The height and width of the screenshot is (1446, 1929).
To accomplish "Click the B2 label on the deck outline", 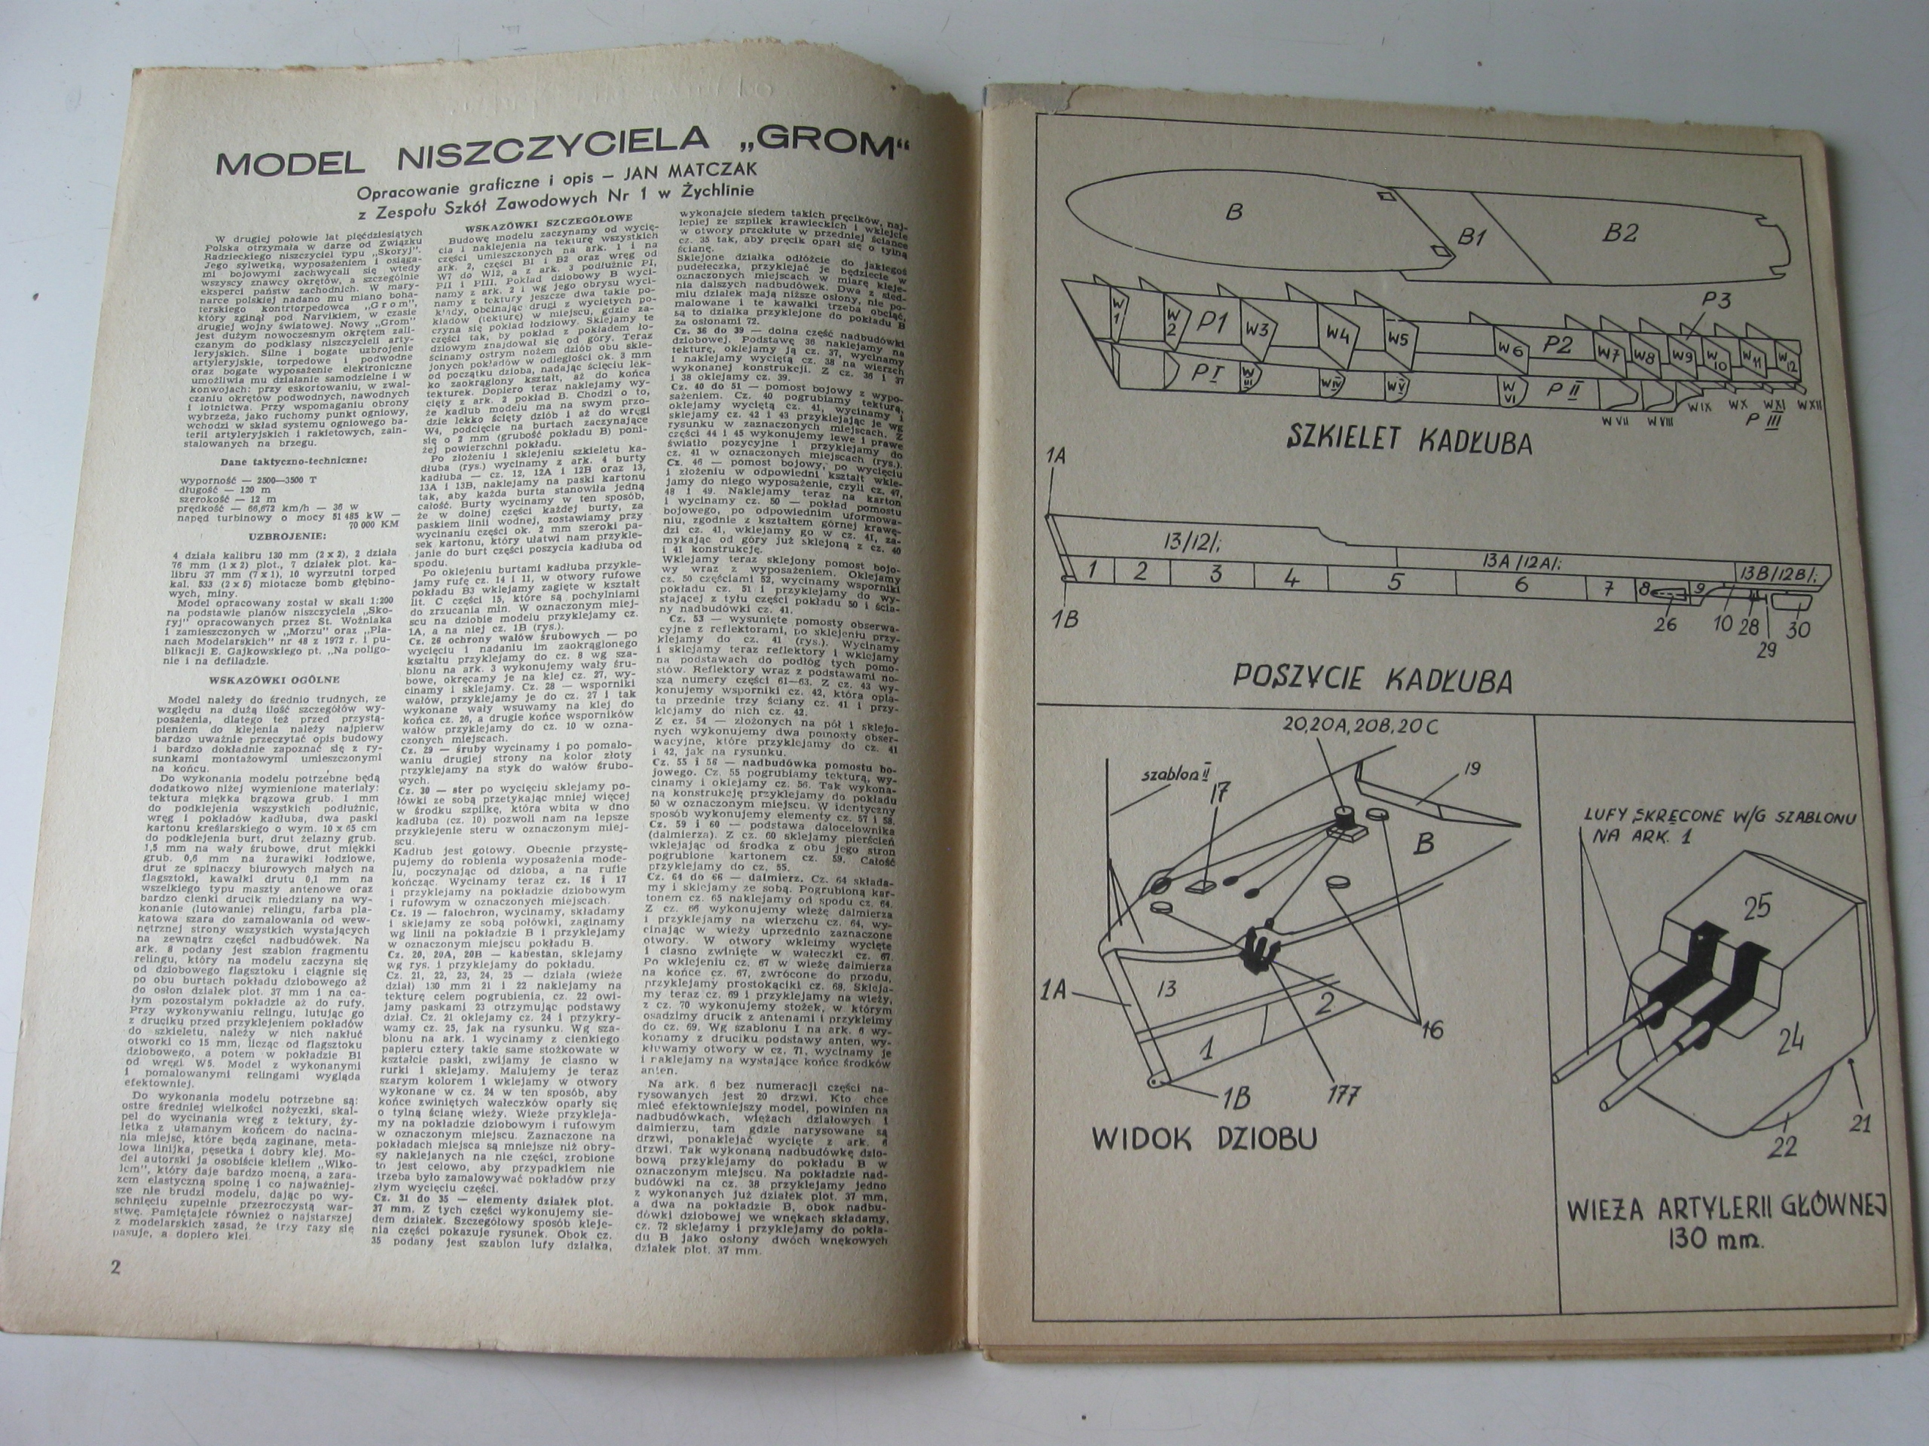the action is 1619,233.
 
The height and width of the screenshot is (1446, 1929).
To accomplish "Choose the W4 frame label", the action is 1338,333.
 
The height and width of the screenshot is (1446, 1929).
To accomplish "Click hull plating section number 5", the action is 1393,581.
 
